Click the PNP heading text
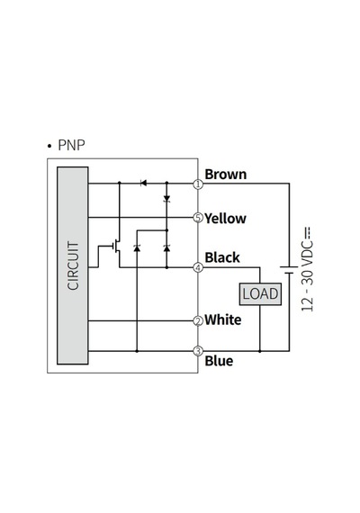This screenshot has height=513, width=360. click(71, 145)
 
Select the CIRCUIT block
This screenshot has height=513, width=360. click(73, 265)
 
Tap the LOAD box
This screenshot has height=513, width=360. click(260, 293)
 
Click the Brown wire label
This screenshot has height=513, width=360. click(226, 174)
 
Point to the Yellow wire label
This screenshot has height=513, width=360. click(226, 219)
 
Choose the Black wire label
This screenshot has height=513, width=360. click(222, 257)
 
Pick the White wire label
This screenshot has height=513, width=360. click(223, 319)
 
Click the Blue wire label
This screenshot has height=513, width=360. click(219, 361)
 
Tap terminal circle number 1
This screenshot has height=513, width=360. click(198, 184)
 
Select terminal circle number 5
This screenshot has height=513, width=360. click(198, 217)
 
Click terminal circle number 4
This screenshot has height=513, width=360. click(198, 267)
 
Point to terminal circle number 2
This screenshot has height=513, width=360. click(198, 321)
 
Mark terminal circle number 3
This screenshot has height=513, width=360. click(198, 351)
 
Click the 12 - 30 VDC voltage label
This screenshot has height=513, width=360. click(308, 269)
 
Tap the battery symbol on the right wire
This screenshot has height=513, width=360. click(289, 270)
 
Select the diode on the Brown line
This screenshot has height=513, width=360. click(143, 184)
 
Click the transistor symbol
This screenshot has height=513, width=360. click(116, 247)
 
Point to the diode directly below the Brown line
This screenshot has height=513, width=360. click(166, 198)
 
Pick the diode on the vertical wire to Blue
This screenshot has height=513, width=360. click(137, 248)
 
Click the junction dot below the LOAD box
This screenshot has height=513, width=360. click(260, 351)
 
